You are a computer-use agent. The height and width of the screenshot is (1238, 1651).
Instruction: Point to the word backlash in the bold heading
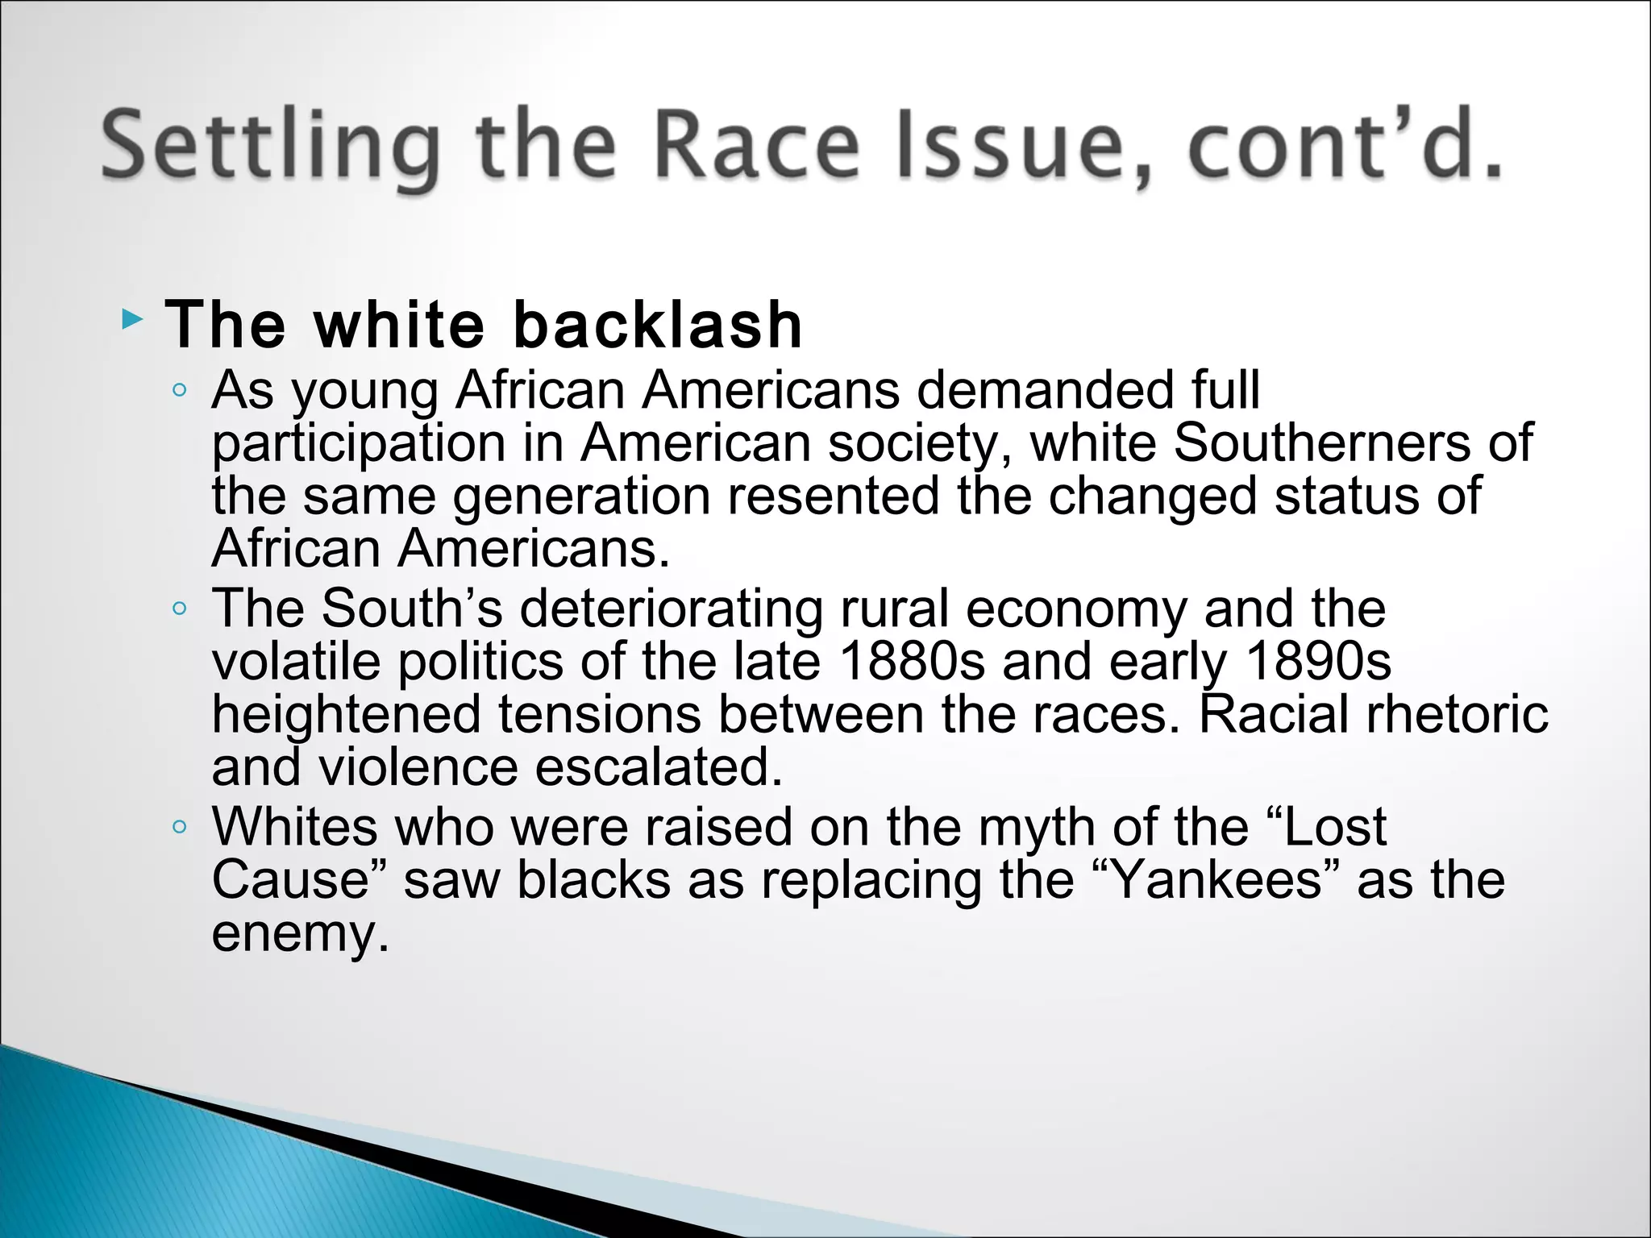pyautogui.click(x=657, y=325)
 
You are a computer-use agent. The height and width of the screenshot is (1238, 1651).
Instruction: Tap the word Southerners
pyautogui.click(x=1322, y=442)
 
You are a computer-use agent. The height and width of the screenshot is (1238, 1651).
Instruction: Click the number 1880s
pyautogui.click(x=912, y=662)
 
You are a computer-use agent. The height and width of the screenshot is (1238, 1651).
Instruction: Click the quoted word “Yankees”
pyautogui.click(x=1218, y=880)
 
